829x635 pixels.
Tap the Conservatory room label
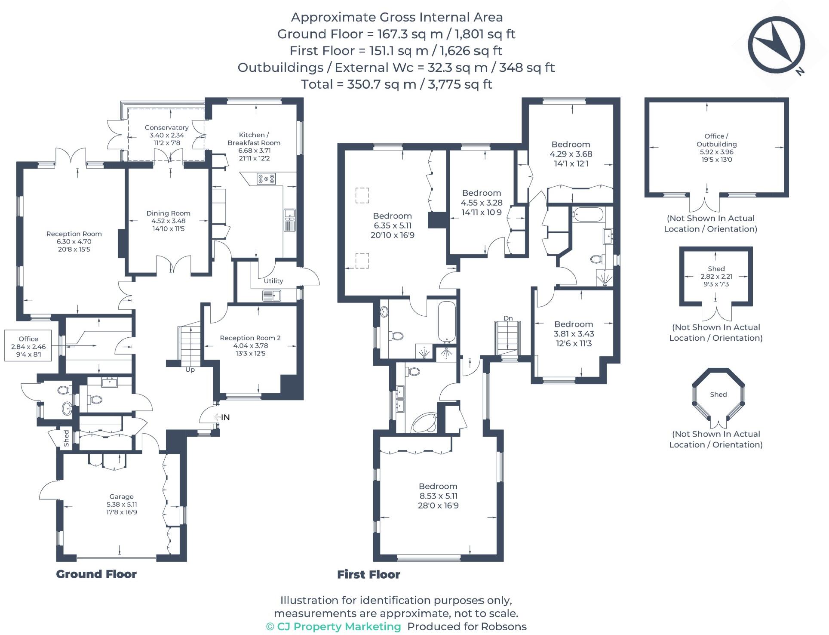coord(166,128)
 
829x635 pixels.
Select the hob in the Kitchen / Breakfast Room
coord(266,179)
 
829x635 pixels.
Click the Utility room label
coord(273,281)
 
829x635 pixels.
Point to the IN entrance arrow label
coord(225,417)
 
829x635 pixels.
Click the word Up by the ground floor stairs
coord(190,370)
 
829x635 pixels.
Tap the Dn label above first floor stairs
coord(508,318)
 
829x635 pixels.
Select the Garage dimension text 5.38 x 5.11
coord(122,504)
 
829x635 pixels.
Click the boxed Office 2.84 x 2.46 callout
coord(28,346)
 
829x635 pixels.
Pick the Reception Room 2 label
coord(250,338)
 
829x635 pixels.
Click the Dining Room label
coord(168,213)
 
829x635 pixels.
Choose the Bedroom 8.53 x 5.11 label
coord(438,487)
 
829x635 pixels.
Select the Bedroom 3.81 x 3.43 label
coord(573,324)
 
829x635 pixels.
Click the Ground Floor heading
coord(96,574)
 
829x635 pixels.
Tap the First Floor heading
coord(368,575)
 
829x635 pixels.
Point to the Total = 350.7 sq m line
coord(396,84)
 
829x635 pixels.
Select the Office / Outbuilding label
coord(716,140)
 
